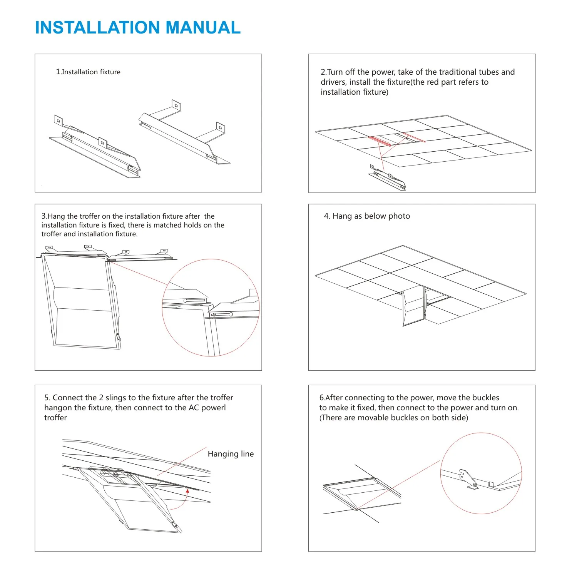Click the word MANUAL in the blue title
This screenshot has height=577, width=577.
click(203, 27)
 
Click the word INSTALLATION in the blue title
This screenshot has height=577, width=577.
click(97, 27)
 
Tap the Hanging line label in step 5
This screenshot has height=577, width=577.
click(231, 454)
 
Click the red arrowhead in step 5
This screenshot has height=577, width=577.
click(187, 491)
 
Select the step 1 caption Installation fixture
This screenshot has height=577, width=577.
click(88, 72)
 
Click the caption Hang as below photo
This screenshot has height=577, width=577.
click(367, 216)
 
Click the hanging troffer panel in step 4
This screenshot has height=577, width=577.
click(414, 306)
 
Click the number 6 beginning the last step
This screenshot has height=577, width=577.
click(321, 398)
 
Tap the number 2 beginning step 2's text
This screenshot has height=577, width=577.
click(323, 72)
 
